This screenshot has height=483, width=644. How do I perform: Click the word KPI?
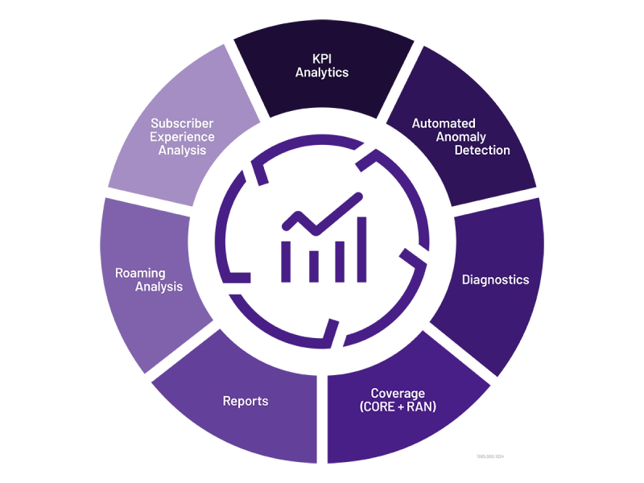(321, 59)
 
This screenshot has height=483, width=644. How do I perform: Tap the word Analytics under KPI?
(321, 72)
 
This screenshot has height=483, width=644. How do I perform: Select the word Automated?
(444, 124)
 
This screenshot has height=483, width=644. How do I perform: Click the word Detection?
(482, 151)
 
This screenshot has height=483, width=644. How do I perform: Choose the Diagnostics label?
(495, 280)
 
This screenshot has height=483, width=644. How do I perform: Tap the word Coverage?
(398, 394)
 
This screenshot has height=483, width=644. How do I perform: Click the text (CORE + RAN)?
(398, 407)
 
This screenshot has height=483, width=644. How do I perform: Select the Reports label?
(246, 401)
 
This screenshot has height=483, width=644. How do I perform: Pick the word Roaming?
(140, 273)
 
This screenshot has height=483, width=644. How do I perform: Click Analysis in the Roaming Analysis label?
(159, 287)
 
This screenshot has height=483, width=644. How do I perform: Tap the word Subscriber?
(182, 124)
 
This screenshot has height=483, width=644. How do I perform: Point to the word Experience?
(182, 137)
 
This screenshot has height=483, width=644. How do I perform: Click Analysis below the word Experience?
(182, 150)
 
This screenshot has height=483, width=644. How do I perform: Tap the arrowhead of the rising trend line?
(355, 198)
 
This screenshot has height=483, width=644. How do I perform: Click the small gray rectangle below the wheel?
(492, 457)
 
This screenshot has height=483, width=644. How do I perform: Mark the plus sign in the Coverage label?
(398, 407)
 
